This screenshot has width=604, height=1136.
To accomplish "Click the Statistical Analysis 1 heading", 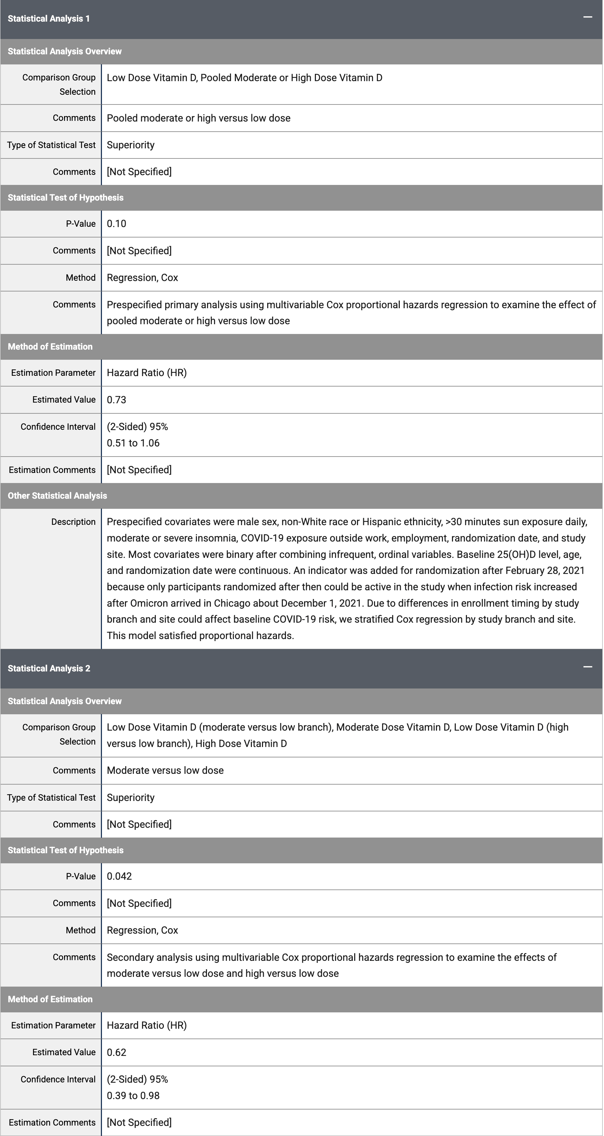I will (48, 18).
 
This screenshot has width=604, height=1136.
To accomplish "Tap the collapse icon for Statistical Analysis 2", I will (587, 667).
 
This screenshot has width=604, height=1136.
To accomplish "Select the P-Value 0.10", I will (116, 224).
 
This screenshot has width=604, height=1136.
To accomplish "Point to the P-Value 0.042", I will (119, 876).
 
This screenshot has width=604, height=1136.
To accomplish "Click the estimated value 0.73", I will (116, 399).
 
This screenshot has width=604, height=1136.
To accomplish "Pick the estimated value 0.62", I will (116, 1052).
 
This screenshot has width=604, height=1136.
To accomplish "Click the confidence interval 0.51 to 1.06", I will (133, 443).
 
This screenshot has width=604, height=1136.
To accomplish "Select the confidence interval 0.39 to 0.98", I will (133, 1096).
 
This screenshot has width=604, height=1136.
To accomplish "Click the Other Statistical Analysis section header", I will (57, 496).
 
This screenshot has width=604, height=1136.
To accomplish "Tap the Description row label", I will (73, 522).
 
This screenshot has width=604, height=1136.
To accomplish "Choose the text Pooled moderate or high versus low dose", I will (198, 118).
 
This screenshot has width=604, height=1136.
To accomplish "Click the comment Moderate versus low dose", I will (165, 770).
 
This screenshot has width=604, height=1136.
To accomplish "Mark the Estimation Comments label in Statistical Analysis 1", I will (52, 470).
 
